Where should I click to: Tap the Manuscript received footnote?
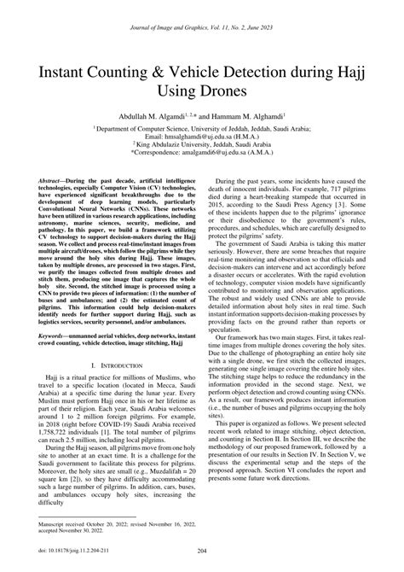pos(68,522)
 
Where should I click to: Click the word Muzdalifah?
pos(157,470)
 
